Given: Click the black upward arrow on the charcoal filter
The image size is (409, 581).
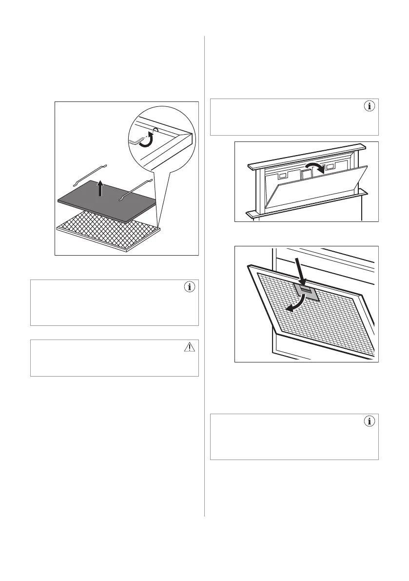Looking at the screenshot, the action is point(99,188).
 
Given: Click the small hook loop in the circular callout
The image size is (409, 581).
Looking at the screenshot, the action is point(155,130).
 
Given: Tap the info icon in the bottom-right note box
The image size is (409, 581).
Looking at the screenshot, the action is point(370,421).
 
